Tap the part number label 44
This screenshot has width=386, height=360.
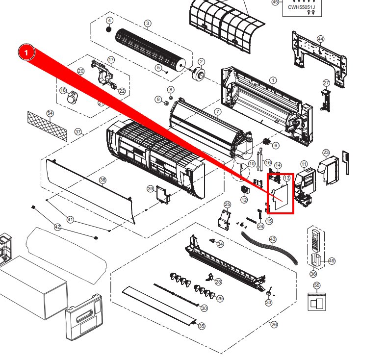click(320, 39)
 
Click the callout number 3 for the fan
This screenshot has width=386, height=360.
click(147, 24)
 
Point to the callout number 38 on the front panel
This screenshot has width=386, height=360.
click(103, 180)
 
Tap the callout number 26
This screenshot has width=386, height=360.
click(274, 324)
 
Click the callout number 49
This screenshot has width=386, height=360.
click(332, 261)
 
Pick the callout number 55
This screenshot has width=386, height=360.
click(316, 285)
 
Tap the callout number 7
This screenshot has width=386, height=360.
click(217, 112)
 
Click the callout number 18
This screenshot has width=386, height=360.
click(63, 90)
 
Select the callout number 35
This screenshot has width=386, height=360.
click(201, 326)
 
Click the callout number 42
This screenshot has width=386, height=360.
click(58, 227)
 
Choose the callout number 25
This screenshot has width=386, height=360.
click(227, 204)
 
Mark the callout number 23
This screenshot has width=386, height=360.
click(326, 153)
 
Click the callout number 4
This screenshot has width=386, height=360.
click(109, 21)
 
